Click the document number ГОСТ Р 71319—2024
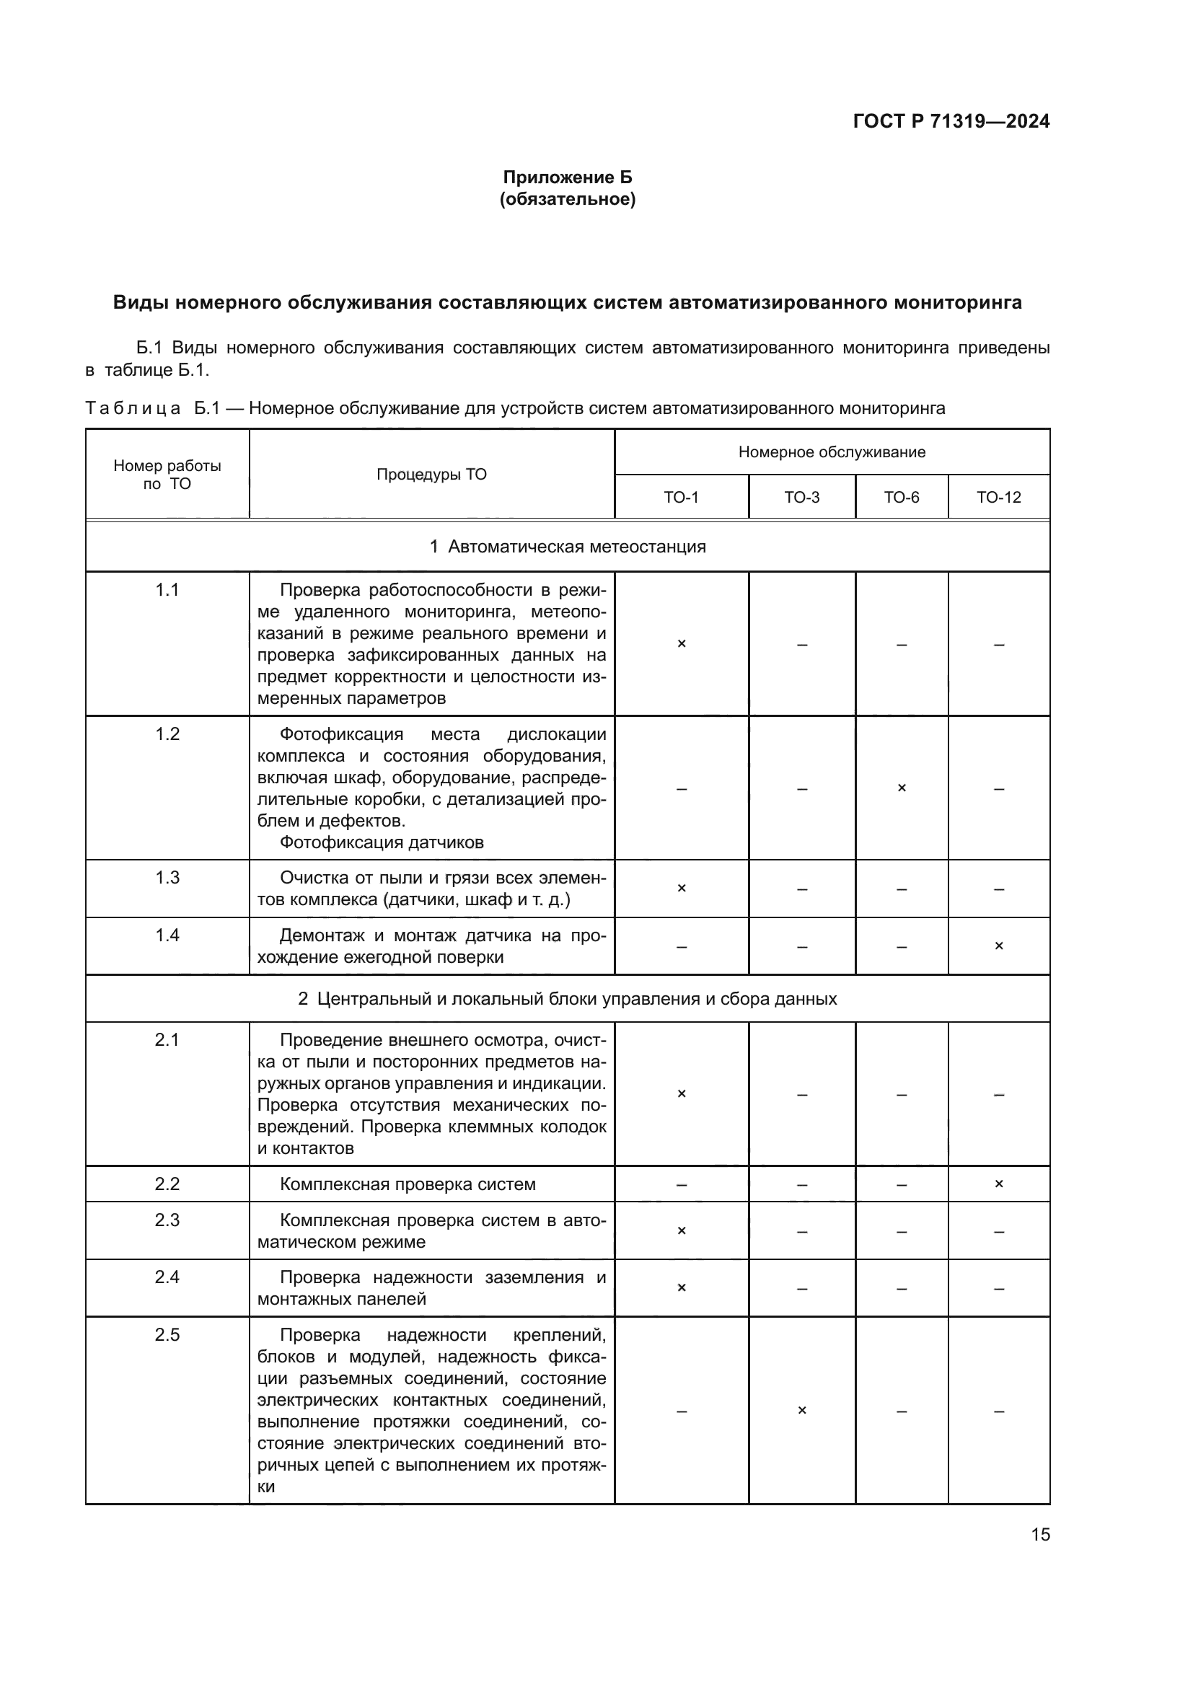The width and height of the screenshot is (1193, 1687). (x=951, y=121)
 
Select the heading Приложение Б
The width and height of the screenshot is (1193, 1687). (x=567, y=177)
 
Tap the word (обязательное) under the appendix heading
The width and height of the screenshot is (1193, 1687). (x=567, y=199)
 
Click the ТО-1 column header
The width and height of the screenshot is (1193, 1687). (x=681, y=498)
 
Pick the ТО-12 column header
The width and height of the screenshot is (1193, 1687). (x=998, y=498)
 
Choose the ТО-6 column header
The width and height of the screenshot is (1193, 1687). (x=902, y=498)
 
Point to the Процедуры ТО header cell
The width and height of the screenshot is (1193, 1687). (x=431, y=475)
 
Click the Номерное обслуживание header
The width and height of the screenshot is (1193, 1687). (x=832, y=452)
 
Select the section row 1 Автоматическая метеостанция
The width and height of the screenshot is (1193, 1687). (x=567, y=547)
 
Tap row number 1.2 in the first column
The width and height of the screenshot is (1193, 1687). (x=167, y=734)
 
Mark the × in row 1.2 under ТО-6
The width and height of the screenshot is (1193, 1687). (x=902, y=788)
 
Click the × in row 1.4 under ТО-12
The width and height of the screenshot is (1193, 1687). (x=998, y=946)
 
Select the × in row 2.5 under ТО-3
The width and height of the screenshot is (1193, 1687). (x=801, y=1410)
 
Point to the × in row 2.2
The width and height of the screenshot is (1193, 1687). (x=998, y=1184)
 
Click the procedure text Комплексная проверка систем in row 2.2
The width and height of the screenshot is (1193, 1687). (x=408, y=1184)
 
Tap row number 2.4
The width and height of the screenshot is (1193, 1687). (x=167, y=1277)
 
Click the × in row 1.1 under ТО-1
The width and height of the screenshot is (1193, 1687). (x=681, y=643)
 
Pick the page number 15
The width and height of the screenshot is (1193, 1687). (x=1040, y=1535)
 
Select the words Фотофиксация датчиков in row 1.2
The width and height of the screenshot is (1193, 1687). (x=382, y=842)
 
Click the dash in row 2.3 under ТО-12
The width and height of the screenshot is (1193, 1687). (x=998, y=1231)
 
